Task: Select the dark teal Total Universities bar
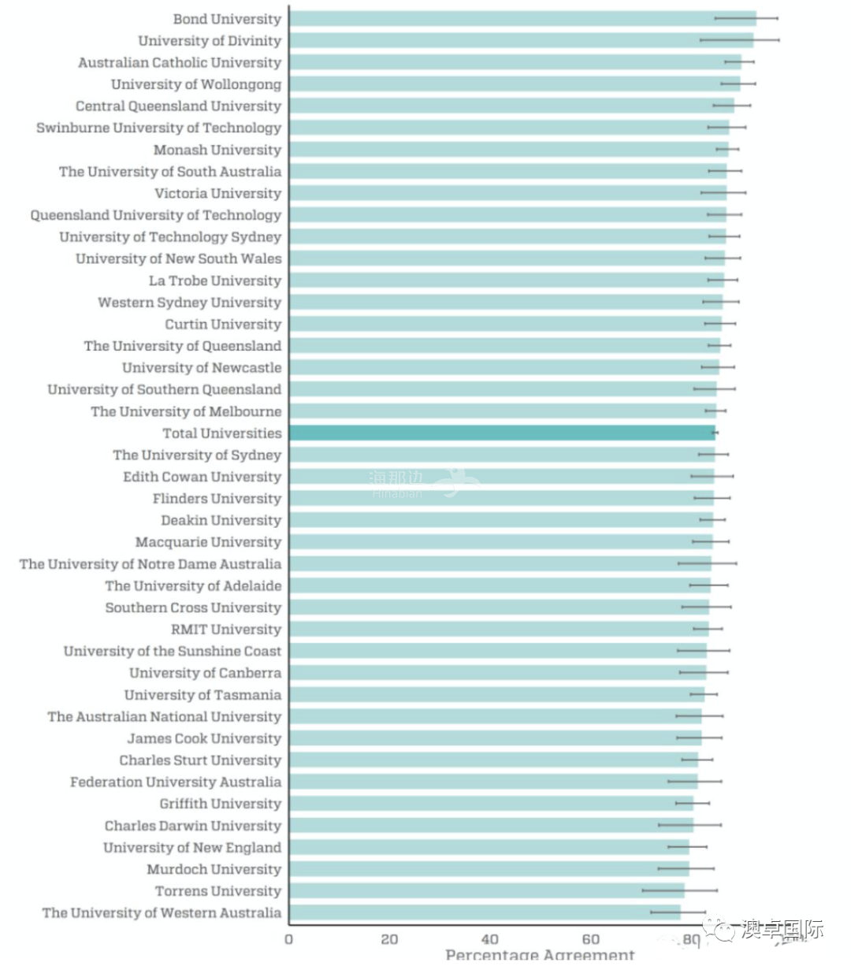tap(502, 433)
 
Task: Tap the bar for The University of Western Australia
tap(485, 912)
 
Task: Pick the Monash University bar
tap(508, 150)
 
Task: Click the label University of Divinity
tap(210, 41)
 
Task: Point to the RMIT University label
tap(226, 630)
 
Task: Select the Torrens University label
tap(218, 891)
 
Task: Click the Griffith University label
tap(221, 804)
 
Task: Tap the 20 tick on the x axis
tap(389, 939)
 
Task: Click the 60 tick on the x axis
tap(590, 939)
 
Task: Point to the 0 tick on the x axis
tap(288, 939)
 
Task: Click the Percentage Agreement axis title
tap(540, 956)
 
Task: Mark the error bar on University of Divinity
tap(739, 39)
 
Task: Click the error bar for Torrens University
tap(679, 890)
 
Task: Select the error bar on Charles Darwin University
tap(689, 825)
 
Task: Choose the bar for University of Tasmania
tap(496, 695)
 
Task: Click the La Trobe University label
tap(215, 281)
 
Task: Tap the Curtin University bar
tap(505, 324)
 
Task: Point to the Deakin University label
tap(221, 520)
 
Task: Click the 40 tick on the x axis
tap(489, 939)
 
